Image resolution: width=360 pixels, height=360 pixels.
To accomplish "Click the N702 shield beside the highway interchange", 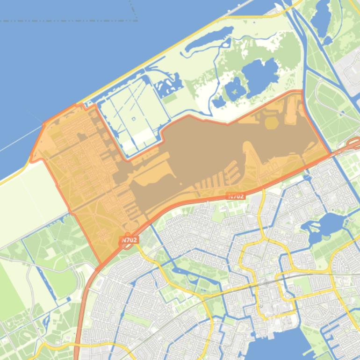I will click(x=130, y=240).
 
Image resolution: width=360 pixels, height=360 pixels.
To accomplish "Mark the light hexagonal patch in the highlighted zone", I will click(x=272, y=122).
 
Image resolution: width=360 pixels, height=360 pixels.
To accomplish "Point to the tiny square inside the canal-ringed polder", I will click(x=134, y=118).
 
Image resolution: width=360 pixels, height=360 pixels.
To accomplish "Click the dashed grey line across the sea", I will click(x=70, y=21).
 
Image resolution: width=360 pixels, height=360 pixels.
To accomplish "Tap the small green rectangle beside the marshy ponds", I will click(x=170, y=99).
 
